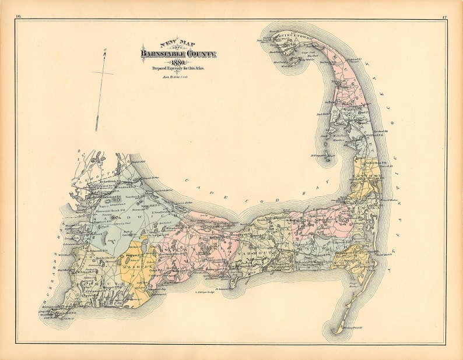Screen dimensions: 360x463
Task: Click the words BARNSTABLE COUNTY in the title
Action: coord(178,55)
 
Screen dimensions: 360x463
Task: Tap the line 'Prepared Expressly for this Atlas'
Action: coord(178,69)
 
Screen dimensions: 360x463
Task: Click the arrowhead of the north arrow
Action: coord(104,53)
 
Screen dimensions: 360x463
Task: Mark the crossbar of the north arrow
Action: coord(103,73)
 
